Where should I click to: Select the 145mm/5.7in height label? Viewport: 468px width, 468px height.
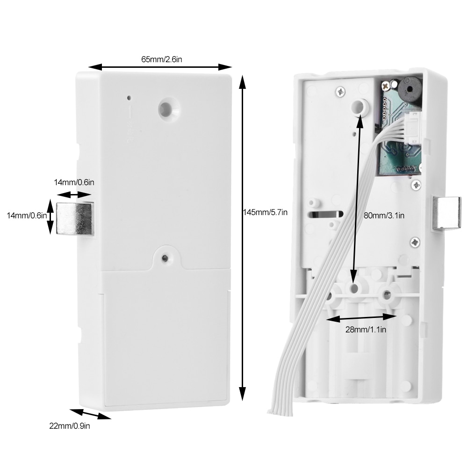(x=265, y=212)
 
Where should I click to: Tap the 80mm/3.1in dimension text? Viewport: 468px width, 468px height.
(x=384, y=216)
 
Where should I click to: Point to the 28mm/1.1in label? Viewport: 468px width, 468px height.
(x=366, y=330)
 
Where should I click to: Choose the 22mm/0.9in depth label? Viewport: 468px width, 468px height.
(x=69, y=426)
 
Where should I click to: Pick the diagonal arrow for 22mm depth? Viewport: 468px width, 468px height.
(x=90, y=414)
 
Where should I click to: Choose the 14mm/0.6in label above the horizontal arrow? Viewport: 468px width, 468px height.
(x=74, y=182)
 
